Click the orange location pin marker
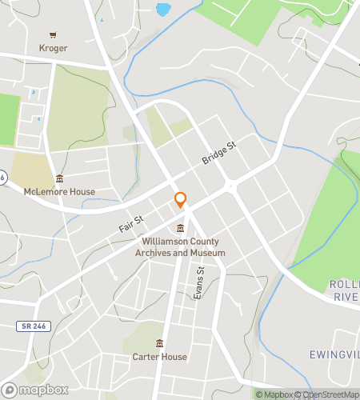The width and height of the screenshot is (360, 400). tap(181, 200)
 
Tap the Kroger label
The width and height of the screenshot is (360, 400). tap(53, 47)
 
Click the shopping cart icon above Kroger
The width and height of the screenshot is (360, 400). tap(53, 35)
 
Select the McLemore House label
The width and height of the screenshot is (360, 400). tap(59, 191)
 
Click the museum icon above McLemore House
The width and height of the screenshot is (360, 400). tap(59, 178)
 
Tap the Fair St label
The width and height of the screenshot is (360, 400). tap(130, 223)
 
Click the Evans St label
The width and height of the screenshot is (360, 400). tap(201, 283)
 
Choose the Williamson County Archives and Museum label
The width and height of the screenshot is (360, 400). tap(182, 246)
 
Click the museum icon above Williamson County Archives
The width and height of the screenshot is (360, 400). tap(181, 229)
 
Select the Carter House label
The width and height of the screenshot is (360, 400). tap(160, 357)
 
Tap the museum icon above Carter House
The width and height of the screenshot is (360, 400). tap(160, 344)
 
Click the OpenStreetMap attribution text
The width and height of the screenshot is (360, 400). tap(327, 394)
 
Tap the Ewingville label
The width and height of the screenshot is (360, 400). tap(334, 354)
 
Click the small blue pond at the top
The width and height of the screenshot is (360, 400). tap(163, 10)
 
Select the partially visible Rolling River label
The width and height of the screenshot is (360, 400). tap(344, 290)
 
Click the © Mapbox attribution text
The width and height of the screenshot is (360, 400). tap(274, 394)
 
